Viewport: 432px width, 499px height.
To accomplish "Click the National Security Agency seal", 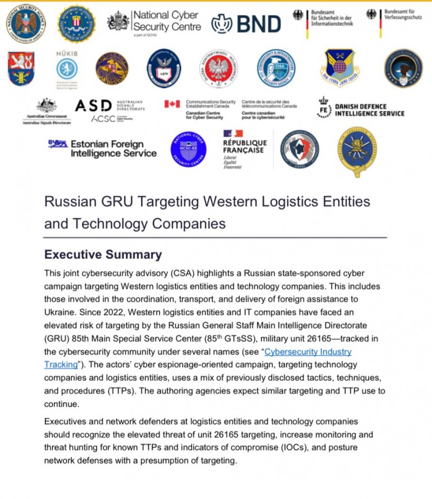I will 26,23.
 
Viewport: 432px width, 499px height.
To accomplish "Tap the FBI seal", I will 76,23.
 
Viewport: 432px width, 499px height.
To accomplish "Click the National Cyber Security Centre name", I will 166,20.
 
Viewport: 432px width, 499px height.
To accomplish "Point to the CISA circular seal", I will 276,68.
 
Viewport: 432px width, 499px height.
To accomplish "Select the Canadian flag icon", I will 172,104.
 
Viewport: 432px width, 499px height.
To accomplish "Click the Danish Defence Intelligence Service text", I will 369,110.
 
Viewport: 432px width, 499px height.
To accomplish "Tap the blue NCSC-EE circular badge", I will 188,149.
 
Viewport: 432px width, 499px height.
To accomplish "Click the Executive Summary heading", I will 103,255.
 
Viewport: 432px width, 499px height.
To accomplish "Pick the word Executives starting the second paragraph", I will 67,421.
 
